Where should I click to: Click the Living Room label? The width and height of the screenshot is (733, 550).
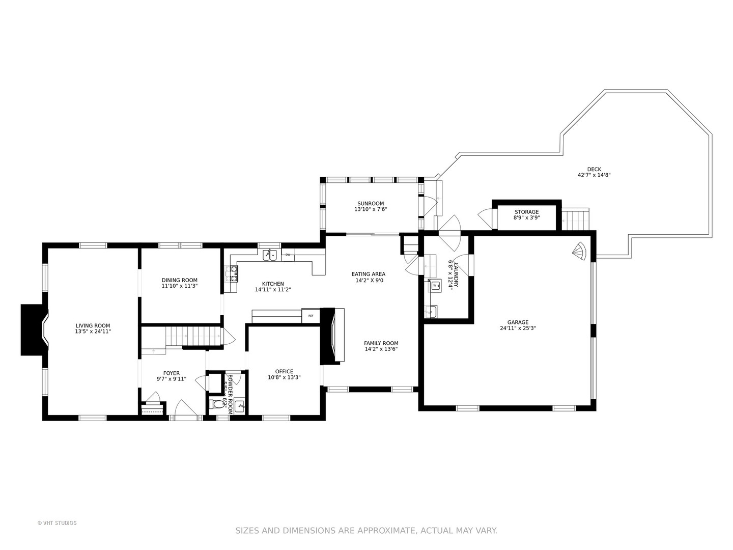point(93,326)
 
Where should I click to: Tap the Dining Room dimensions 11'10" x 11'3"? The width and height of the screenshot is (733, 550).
point(179,286)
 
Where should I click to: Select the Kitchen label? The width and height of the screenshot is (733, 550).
point(273,284)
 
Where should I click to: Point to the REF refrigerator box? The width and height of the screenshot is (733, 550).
point(311,316)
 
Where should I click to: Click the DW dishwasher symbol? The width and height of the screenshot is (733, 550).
point(288,255)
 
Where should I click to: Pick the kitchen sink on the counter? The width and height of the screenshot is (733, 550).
point(269,255)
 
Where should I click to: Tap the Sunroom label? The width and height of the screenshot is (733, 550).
point(370,204)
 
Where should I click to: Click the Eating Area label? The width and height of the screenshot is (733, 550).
point(368,274)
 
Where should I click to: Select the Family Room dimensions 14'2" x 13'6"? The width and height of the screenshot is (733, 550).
point(381,349)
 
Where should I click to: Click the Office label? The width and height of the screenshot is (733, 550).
point(284,371)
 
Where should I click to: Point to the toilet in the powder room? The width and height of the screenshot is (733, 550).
point(218,404)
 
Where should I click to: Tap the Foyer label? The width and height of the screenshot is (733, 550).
point(171,373)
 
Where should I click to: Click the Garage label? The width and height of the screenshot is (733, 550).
point(518,322)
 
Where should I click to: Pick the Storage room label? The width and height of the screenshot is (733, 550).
point(526,212)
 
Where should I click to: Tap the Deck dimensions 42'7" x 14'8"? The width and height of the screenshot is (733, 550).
point(594,175)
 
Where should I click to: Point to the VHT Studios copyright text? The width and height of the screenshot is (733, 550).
point(57,523)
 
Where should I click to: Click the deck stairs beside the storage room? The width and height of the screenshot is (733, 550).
point(576,219)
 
